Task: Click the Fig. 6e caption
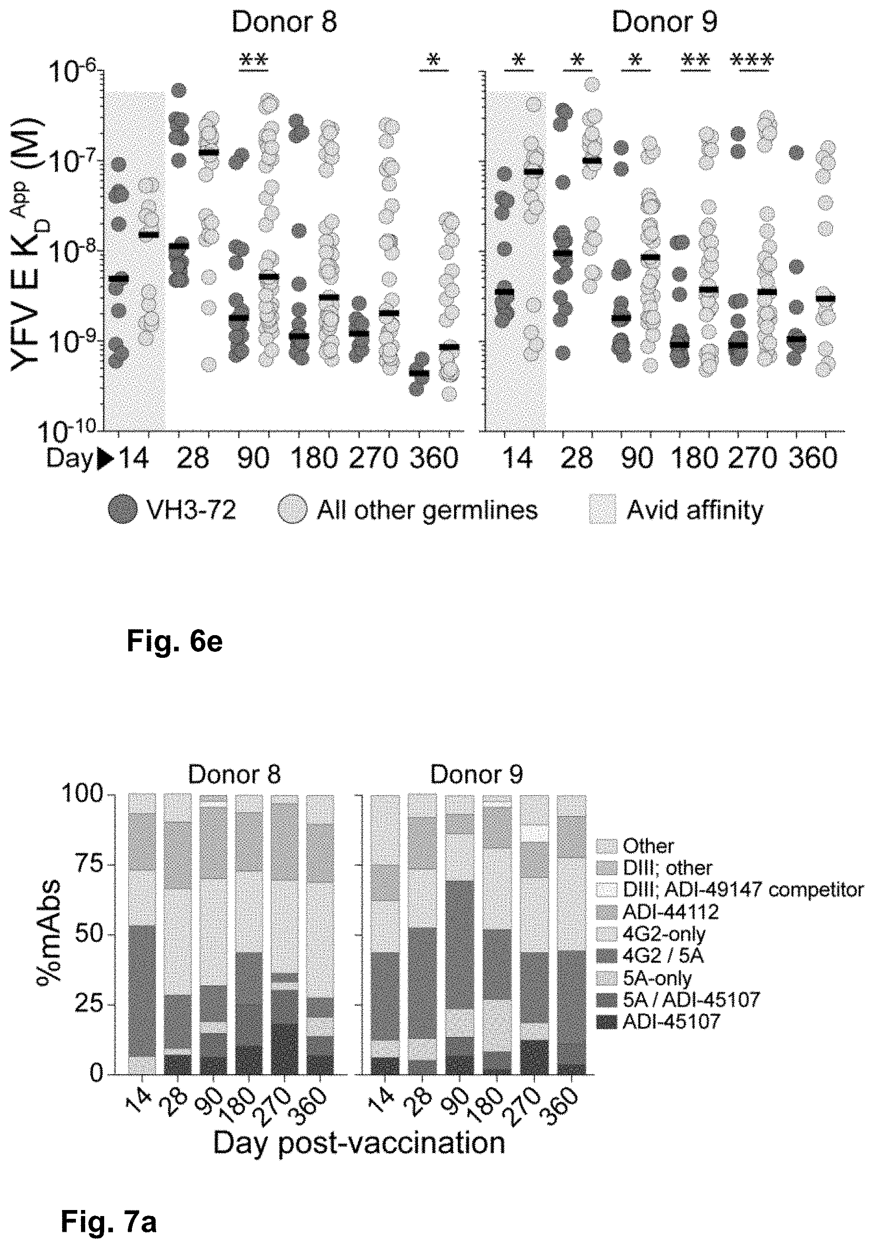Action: (x=175, y=642)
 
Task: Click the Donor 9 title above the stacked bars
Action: (x=476, y=774)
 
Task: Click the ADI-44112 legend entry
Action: (x=670, y=912)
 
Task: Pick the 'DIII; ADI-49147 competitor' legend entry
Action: (x=743, y=889)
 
